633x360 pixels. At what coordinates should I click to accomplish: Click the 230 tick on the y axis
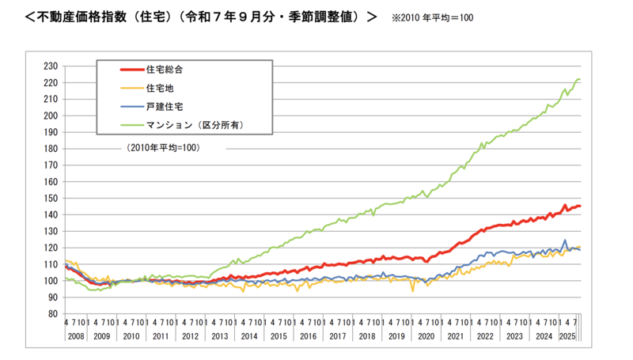tap(53, 66)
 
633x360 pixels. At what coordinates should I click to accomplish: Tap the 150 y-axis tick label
tap(53, 181)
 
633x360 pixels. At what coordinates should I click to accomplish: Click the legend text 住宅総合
tap(165, 70)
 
